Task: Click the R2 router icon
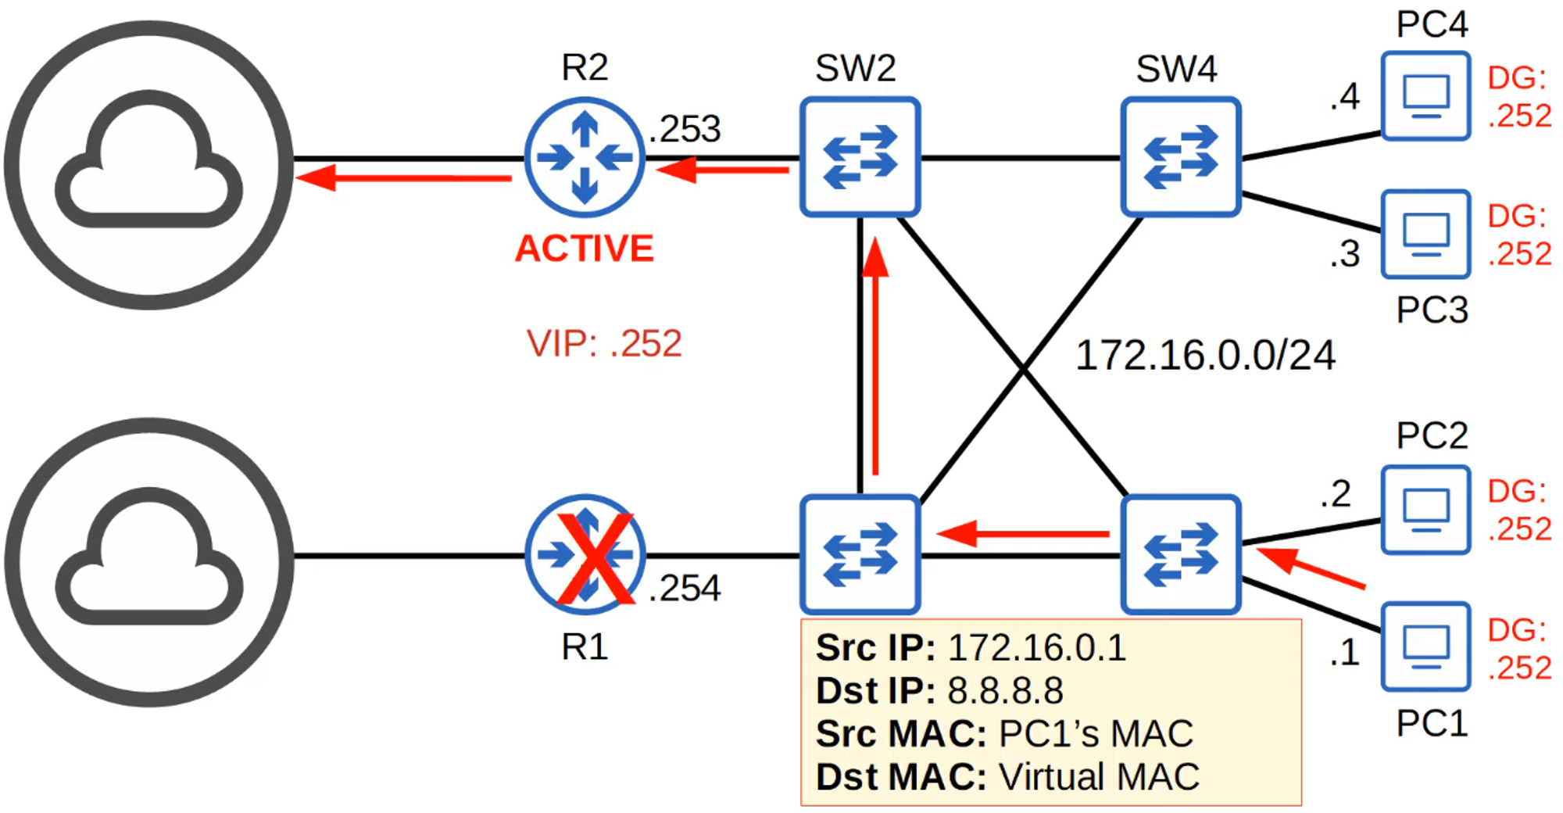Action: tap(585, 157)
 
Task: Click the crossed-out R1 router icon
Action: tap(585, 555)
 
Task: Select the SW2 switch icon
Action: tap(860, 156)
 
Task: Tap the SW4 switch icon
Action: tap(1180, 156)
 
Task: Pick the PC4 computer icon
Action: tap(1425, 96)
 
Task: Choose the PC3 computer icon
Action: tap(1425, 234)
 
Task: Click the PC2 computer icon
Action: tap(1425, 510)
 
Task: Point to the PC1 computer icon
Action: tap(1425, 646)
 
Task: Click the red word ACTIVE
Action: tap(585, 249)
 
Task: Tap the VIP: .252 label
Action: tap(604, 343)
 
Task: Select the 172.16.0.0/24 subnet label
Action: tap(1205, 356)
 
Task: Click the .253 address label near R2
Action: tap(685, 129)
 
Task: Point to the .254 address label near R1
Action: tap(685, 588)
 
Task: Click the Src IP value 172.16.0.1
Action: tap(1037, 648)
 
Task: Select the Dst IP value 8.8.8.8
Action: tap(1006, 691)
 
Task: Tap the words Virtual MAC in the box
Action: tap(1099, 777)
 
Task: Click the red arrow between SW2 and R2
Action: tap(723, 170)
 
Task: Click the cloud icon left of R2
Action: tap(148, 164)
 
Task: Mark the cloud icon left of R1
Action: tap(148, 561)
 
